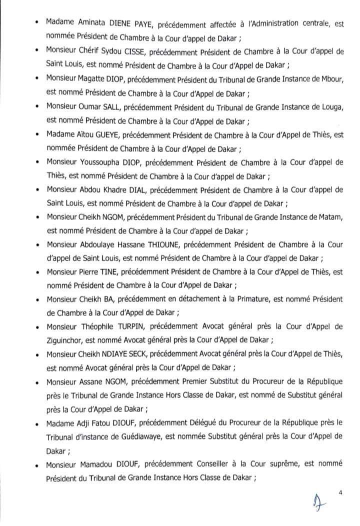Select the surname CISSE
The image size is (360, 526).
coord(138,50)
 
